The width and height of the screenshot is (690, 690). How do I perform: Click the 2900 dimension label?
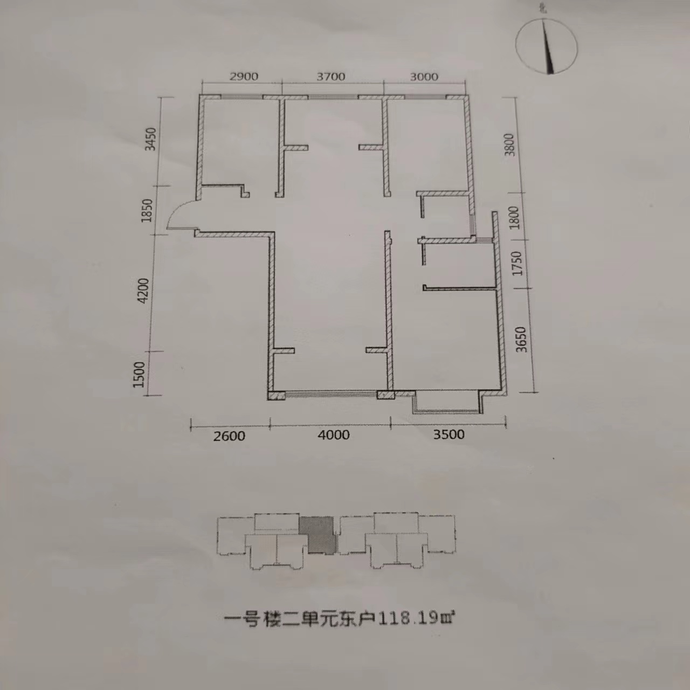click(x=244, y=77)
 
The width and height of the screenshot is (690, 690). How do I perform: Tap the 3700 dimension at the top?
click(x=330, y=77)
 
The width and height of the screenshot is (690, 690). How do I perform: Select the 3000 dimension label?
click(x=424, y=77)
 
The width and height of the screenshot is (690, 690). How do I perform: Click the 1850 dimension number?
click(x=147, y=211)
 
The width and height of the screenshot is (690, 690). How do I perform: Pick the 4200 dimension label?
click(x=143, y=291)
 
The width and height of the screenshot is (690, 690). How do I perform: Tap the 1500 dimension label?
click(x=139, y=375)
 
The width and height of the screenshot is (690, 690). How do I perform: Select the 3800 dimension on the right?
click(x=509, y=145)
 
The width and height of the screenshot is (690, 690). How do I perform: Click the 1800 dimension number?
click(x=514, y=218)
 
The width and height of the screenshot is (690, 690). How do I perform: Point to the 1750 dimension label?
click(x=517, y=264)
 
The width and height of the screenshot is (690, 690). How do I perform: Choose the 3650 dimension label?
click(x=522, y=340)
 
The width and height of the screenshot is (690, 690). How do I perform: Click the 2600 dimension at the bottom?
click(x=229, y=436)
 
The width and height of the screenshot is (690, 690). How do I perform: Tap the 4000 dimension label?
click(x=334, y=435)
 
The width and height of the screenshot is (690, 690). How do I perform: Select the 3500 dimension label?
click(x=448, y=434)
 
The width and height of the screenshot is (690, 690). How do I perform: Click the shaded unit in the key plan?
click(x=318, y=534)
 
